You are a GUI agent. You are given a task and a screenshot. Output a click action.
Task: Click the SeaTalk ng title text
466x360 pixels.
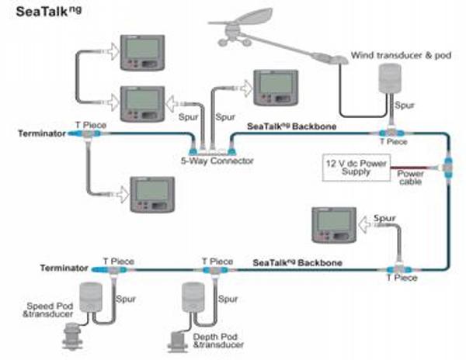tap(48, 12)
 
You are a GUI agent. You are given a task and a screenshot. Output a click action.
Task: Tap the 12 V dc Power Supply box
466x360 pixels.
tap(356, 168)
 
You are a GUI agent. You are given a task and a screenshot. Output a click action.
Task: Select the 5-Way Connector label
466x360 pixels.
tap(217, 161)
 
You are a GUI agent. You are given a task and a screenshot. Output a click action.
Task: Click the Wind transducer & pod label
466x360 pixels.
tap(401, 55)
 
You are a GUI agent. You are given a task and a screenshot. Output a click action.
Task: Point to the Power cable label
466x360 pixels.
tap(410, 178)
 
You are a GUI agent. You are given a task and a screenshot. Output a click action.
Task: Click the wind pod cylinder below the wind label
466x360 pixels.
tap(390, 78)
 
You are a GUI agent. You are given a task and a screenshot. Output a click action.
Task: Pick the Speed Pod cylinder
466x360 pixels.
tap(91, 297)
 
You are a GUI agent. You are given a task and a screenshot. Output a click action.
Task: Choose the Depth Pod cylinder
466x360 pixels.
tap(193, 297)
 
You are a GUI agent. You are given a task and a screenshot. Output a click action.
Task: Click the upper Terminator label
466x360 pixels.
tap(42, 133)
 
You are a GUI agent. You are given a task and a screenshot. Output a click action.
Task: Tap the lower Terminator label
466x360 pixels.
tap(64, 268)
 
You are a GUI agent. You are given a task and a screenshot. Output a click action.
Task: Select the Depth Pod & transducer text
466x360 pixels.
tap(218, 341)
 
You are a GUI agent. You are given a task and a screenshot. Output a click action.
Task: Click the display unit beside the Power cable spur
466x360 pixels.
tap(334, 225)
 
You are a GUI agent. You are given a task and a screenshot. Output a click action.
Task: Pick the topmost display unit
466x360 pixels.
tap(142, 53)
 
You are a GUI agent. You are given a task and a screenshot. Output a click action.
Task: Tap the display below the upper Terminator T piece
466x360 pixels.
tap(152, 195)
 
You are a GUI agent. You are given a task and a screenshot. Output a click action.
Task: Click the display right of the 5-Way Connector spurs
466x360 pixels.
tap(276, 88)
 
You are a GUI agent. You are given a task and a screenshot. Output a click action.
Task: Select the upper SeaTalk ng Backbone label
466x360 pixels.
tap(291, 126)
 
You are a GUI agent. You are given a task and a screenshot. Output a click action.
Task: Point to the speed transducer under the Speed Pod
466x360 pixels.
tap(72, 336)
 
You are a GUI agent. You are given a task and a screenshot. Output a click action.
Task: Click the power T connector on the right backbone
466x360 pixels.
tap(447, 168)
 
